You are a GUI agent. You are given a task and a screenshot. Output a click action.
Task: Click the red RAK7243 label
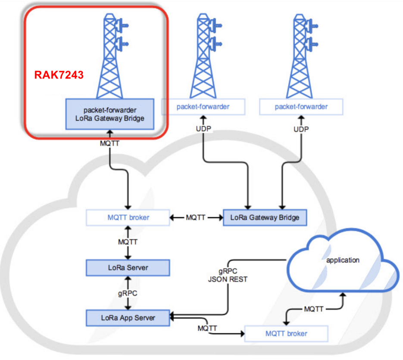click(59, 75)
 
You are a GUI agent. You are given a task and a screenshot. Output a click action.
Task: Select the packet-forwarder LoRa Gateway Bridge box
click(110, 114)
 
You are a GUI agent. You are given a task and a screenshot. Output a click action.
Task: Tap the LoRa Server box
click(128, 268)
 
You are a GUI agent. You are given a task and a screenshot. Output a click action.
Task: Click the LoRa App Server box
click(128, 318)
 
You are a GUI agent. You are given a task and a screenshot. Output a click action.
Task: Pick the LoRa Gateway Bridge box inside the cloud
click(265, 218)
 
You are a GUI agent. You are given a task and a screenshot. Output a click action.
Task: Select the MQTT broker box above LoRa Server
click(128, 218)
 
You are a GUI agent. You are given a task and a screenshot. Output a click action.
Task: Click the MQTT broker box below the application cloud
click(286, 334)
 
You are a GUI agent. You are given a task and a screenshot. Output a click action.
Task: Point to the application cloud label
click(343, 260)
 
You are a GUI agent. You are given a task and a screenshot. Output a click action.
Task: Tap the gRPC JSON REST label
click(228, 275)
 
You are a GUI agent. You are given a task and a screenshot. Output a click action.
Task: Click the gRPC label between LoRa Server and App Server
click(128, 294)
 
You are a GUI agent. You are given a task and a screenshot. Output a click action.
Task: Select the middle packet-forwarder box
click(203, 107)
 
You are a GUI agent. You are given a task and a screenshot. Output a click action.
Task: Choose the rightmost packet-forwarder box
click(301, 107)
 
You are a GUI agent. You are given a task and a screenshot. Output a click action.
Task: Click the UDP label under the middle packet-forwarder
click(203, 128)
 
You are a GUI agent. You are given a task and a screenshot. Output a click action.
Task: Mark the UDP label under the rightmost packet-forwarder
click(301, 129)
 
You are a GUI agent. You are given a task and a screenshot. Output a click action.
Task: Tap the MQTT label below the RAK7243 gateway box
click(110, 143)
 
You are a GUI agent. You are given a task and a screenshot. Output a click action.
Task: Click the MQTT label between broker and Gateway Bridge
click(196, 218)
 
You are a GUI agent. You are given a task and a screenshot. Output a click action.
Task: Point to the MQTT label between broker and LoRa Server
click(128, 242)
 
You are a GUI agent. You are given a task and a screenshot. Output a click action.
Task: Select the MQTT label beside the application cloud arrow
click(313, 309)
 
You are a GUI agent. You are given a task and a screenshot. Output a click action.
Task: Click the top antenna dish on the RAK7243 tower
click(121, 25)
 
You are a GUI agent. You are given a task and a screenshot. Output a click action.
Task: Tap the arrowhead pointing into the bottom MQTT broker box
click(242, 334)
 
